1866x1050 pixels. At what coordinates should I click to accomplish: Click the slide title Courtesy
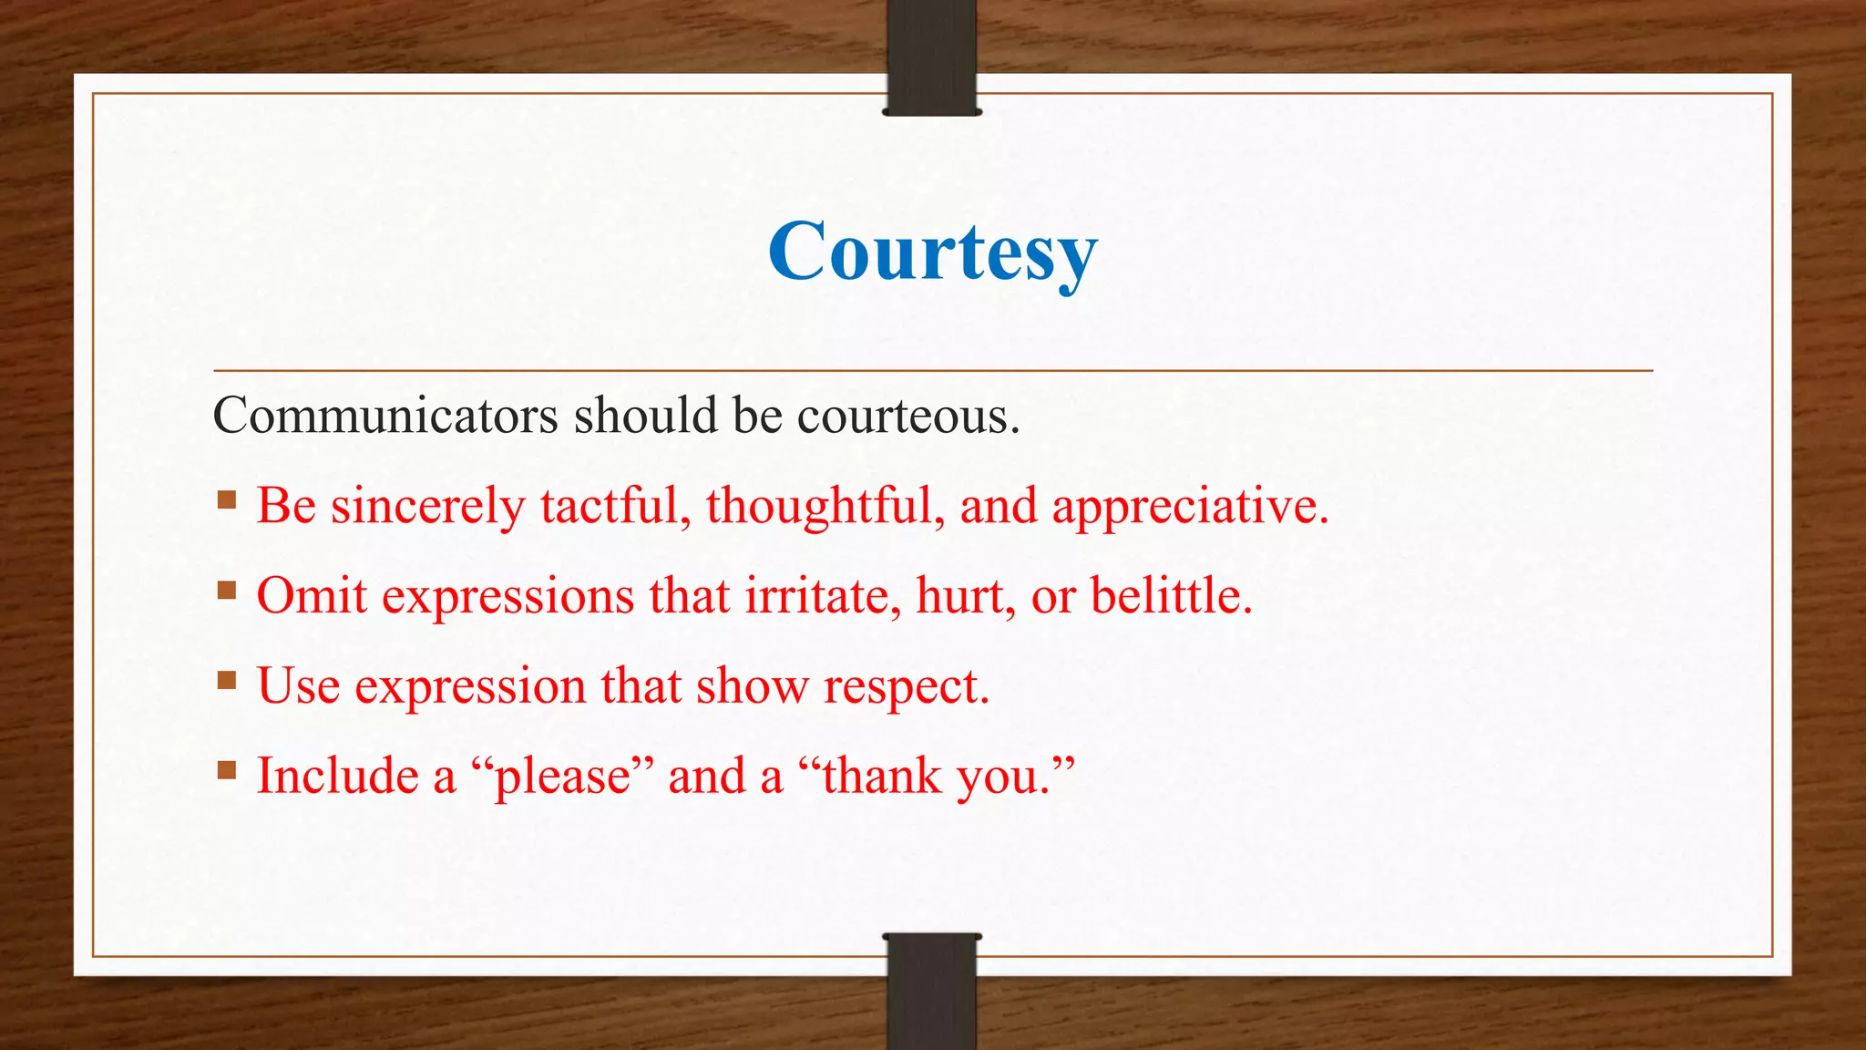click(x=932, y=252)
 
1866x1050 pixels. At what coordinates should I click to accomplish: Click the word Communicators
click(x=384, y=416)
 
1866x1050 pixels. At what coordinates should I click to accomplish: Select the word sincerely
click(x=427, y=506)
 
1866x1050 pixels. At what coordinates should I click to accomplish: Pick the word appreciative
click(x=1189, y=506)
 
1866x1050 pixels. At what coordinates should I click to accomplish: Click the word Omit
click(x=312, y=596)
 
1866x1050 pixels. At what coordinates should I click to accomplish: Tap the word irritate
click(x=823, y=596)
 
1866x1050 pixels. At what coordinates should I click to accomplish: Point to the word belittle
click(x=1171, y=596)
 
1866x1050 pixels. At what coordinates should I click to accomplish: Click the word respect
click(x=906, y=686)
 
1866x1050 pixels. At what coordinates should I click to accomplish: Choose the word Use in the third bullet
click(x=298, y=686)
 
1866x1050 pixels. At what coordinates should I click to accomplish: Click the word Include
click(x=337, y=777)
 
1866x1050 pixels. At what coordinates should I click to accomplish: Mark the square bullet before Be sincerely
click(x=227, y=499)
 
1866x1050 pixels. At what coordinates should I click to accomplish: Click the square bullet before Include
click(x=227, y=770)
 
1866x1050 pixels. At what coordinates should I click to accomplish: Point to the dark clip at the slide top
click(x=931, y=57)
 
